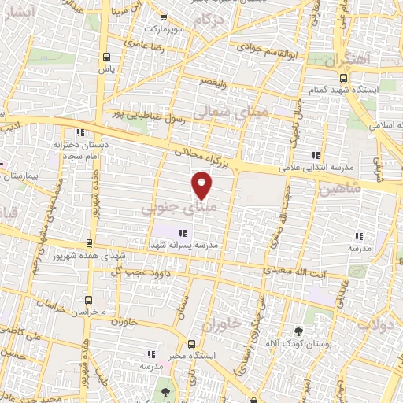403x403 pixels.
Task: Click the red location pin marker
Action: pyautogui.click(x=202, y=184)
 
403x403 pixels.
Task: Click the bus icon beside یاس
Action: pyautogui.click(x=106, y=57)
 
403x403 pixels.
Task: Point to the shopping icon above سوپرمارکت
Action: pyautogui.click(x=163, y=17)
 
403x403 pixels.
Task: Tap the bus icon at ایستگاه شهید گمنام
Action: pyautogui.click(x=343, y=78)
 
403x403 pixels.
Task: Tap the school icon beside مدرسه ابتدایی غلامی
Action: pyautogui.click(x=316, y=155)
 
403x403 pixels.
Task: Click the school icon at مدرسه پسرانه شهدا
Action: pyautogui.click(x=183, y=233)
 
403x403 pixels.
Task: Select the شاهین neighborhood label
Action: pyautogui.click(x=341, y=188)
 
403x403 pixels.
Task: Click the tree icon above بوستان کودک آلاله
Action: pyautogui.click(x=298, y=331)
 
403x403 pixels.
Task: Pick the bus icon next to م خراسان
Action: pyautogui.click(x=87, y=300)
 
